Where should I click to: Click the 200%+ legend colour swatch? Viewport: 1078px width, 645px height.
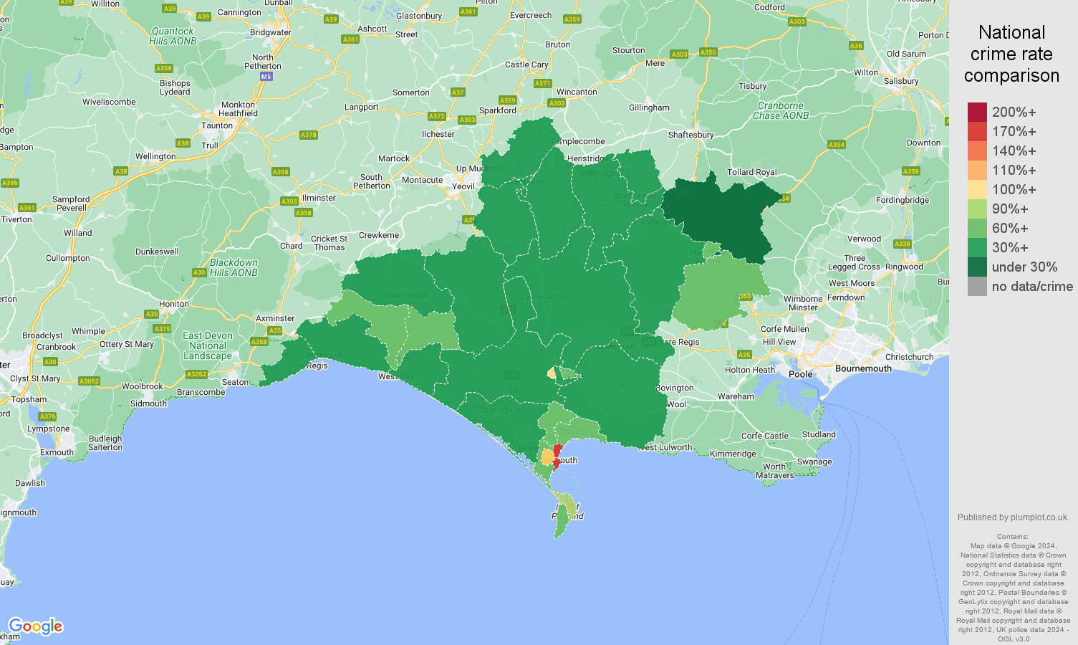[x=977, y=112]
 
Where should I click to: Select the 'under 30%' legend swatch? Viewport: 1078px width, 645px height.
[x=977, y=267]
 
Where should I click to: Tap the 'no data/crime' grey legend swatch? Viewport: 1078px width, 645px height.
[x=977, y=286]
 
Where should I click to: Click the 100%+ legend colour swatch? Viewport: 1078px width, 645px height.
[x=977, y=189]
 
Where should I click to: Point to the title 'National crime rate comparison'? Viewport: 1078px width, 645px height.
[x=1011, y=54]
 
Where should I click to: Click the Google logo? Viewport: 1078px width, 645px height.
[x=36, y=626]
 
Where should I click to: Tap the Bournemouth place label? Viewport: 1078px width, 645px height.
[x=863, y=368]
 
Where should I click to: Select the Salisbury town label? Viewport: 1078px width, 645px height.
[x=900, y=81]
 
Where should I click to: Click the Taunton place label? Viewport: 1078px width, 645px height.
[x=217, y=125]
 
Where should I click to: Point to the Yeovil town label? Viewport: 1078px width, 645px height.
[x=463, y=186]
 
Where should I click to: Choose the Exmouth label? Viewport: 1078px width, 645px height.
[x=57, y=452]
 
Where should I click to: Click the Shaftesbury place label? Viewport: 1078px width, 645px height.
[x=690, y=135]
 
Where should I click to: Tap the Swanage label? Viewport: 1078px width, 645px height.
[x=814, y=462]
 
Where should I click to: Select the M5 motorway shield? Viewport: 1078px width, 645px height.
[x=266, y=76]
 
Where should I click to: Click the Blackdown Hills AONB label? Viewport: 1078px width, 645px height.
[x=234, y=267]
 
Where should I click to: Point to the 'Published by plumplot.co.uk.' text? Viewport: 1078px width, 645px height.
[x=1013, y=517]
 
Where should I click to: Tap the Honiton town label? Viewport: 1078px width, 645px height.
[x=174, y=304]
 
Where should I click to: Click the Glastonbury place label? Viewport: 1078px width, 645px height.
[x=419, y=16]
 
